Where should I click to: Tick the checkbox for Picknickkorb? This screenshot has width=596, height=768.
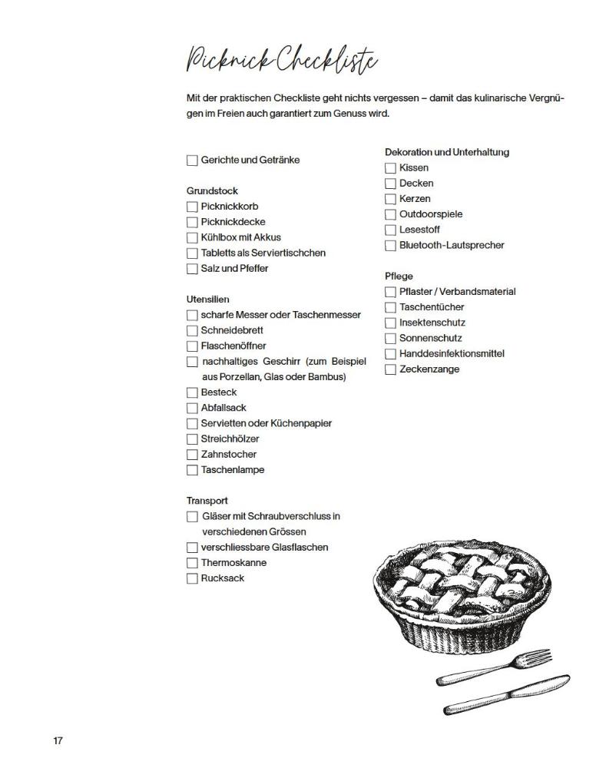click(192, 207)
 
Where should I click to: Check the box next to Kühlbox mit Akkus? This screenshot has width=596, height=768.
click(192, 237)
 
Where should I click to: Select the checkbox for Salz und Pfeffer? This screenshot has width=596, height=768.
click(192, 269)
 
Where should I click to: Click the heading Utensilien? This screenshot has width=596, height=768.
click(207, 299)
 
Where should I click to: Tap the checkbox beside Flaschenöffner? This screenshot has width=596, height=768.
click(192, 346)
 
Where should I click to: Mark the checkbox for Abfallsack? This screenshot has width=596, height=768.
click(192, 408)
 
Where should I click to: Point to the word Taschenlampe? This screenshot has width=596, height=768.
click(232, 469)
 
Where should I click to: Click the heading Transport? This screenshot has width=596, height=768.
click(207, 501)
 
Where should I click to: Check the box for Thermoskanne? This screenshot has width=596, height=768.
click(192, 563)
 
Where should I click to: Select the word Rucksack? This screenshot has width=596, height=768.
click(223, 578)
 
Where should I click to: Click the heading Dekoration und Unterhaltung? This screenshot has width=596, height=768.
click(447, 152)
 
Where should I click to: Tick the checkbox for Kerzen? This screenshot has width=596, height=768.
click(390, 199)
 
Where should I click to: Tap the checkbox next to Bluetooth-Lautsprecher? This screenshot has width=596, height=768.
click(390, 246)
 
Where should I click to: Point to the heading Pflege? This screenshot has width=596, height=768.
click(399, 276)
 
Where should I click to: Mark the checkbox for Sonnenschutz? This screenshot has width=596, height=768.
click(390, 339)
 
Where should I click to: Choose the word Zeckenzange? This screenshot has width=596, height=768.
click(429, 369)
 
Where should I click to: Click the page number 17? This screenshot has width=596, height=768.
click(58, 740)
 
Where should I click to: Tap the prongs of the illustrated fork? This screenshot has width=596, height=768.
click(538, 657)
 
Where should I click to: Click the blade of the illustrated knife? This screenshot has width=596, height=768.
click(538, 685)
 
